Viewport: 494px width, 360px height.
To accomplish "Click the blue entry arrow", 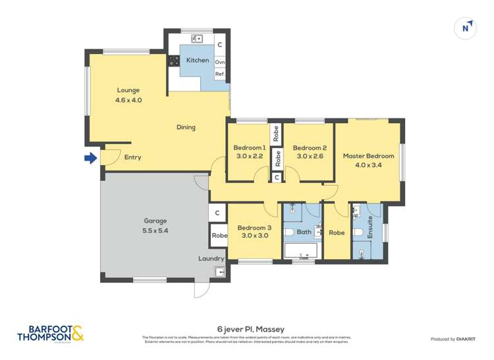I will tap(90, 158).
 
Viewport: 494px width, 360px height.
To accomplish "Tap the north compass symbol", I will tap(466, 28).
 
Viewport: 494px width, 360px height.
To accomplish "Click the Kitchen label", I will tap(197, 61).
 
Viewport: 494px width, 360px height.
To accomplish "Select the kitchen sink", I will tap(196, 39).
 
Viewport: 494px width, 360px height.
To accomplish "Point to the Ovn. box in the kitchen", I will tap(220, 63).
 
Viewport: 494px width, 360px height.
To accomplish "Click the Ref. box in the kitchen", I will tap(220, 74).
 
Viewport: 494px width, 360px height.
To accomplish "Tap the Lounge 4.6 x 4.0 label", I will tap(128, 95).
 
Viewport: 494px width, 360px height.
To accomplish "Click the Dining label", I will tap(186, 128).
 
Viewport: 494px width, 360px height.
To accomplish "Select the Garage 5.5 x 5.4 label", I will tap(155, 226).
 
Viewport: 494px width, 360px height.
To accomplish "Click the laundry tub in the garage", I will tap(220, 271).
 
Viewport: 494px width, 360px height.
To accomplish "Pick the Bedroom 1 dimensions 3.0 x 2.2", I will tap(250, 157).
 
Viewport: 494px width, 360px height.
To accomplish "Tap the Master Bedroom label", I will tap(368, 156).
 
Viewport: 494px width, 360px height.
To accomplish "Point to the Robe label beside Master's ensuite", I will tap(336, 232).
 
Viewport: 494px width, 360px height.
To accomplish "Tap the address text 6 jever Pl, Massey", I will tap(246, 327).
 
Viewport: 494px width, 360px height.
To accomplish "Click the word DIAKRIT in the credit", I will tap(466, 339).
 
